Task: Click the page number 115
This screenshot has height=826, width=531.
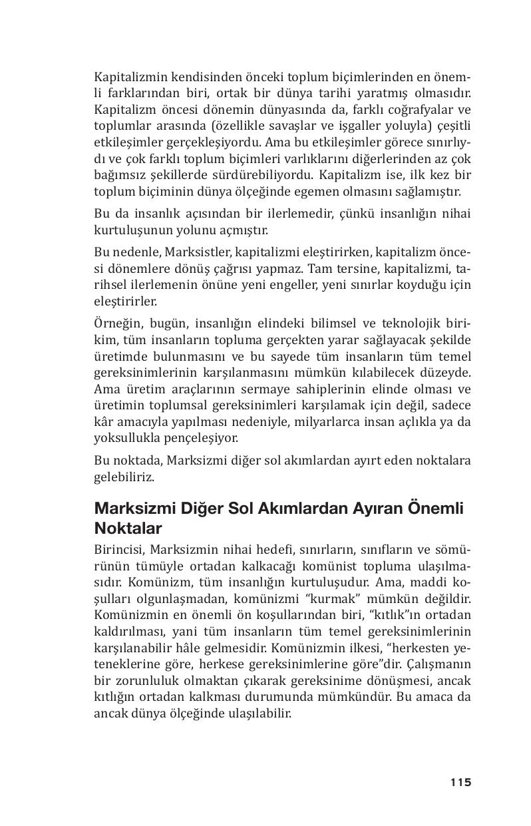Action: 460,782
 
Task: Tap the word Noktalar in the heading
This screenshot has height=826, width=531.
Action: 128,528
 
